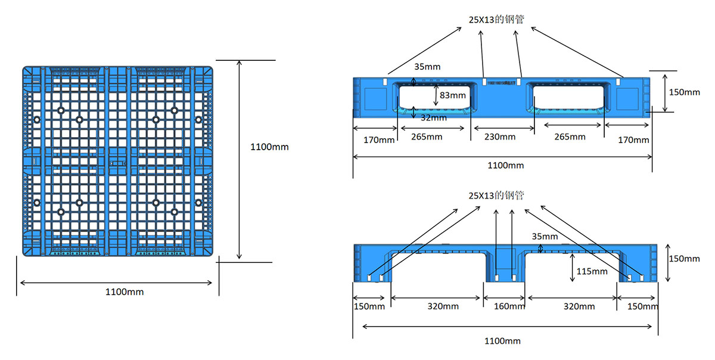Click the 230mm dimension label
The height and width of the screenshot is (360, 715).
(499, 137)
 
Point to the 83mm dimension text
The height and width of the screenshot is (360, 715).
(452, 95)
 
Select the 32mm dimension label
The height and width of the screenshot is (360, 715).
(433, 118)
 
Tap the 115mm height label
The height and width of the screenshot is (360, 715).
(592, 271)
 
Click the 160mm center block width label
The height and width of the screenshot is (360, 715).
(510, 306)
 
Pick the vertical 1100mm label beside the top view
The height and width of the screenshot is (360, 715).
(269, 147)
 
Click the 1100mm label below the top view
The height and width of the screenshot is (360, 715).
(125, 292)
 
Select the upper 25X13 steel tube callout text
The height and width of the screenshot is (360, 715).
(496, 19)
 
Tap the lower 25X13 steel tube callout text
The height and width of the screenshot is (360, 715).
(496, 195)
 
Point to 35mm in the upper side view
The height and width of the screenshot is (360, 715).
(427, 67)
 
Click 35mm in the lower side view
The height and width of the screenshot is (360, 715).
(545, 237)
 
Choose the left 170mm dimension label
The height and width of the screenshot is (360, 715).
(379, 140)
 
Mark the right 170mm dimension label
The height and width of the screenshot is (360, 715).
(633, 140)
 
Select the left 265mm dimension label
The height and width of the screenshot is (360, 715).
(427, 137)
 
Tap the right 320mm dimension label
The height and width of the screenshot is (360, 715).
(579, 306)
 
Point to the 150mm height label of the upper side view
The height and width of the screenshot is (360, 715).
(685, 92)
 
